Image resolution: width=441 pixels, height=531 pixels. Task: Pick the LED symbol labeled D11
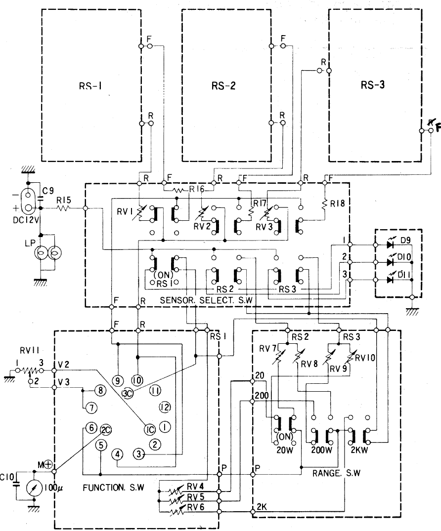pos(390,280)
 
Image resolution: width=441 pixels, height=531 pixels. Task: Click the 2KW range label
pos(361,450)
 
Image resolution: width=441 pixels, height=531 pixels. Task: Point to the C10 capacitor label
pos(7,477)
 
